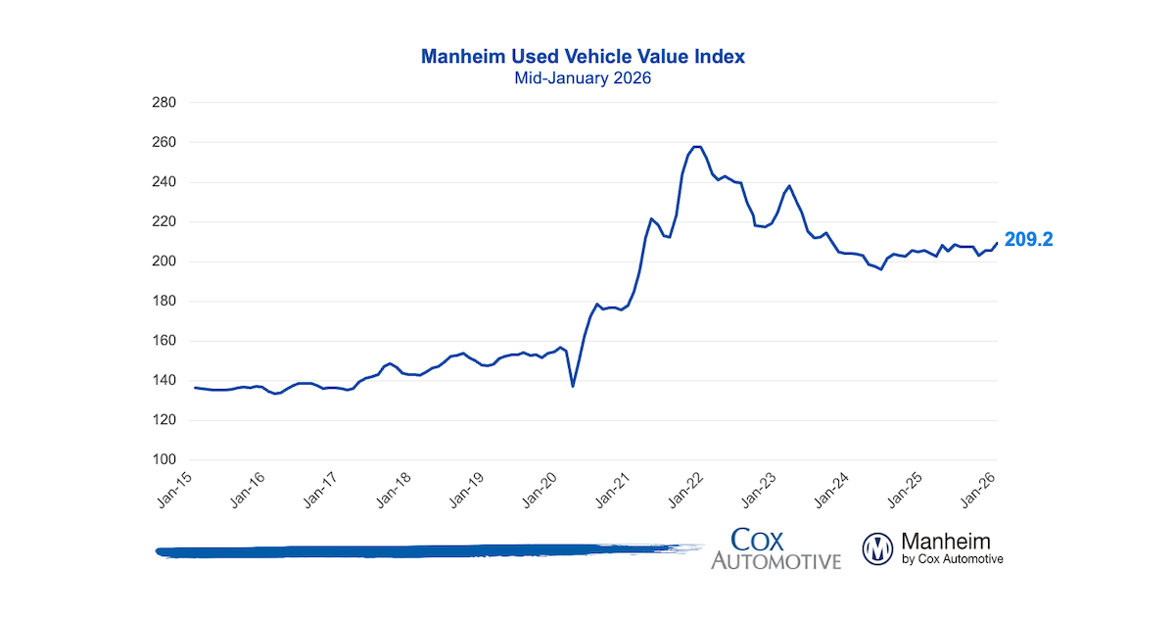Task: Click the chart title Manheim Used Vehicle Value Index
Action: [583, 57]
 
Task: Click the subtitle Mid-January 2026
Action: [583, 78]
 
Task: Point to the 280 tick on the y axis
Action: [163, 103]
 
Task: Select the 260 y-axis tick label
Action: [163, 142]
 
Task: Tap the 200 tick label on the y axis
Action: [163, 261]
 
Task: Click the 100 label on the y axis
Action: [163, 460]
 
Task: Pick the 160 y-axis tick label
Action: [163, 341]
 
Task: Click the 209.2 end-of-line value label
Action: [1028, 239]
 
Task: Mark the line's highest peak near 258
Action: [696, 147]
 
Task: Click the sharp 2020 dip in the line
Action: [573, 386]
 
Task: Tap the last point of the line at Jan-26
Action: [997, 243]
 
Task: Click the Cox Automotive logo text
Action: [775, 548]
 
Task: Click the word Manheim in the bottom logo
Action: [945, 541]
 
